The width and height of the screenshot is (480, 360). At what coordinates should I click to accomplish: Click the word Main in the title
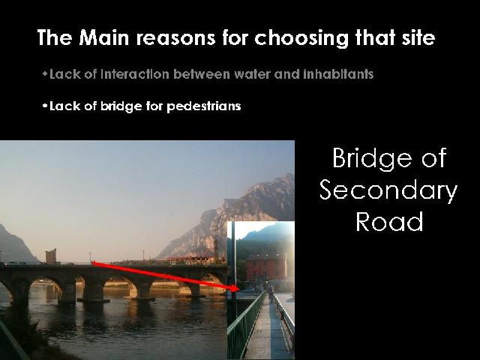tap(103, 37)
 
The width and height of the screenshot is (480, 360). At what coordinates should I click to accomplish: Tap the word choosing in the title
tap(301, 39)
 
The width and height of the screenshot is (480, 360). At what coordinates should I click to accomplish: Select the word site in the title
tap(418, 37)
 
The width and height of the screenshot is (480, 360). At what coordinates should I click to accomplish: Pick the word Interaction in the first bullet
tap(135, 74)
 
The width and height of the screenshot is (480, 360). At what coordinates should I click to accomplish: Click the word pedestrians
tap(203, 106)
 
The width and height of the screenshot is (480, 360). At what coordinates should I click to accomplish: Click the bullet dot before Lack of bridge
tap(45, 106)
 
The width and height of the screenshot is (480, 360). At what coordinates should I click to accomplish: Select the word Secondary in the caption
tap(388, 190)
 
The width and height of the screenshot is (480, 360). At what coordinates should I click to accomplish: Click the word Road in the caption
tap(389, 221)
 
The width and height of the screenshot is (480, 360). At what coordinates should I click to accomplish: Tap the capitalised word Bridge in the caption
tap(373, 159)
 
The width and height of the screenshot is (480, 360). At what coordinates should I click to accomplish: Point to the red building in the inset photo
tap(265, 267)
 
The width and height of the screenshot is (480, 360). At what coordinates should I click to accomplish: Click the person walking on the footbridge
tap(271, 293)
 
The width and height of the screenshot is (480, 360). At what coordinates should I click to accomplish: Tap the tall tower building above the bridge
tap(51, 256)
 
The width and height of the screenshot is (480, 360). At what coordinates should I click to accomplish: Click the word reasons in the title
tap(175, 38)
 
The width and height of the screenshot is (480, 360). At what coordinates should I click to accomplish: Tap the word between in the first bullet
tap(201, 74)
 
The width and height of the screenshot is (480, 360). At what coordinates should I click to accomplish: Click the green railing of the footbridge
tap(245, 325)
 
